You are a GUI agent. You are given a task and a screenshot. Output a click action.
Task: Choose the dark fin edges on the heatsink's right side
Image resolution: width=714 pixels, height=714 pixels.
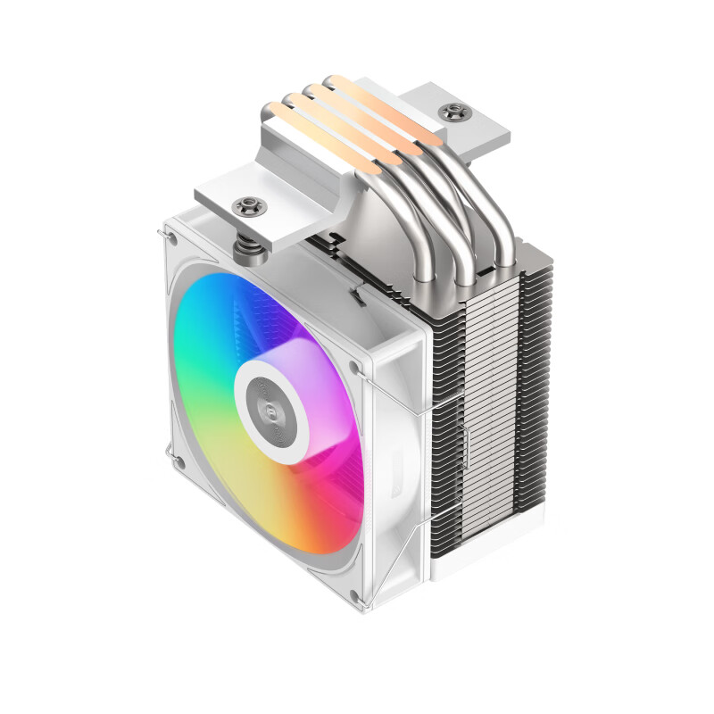pos(535,402)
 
